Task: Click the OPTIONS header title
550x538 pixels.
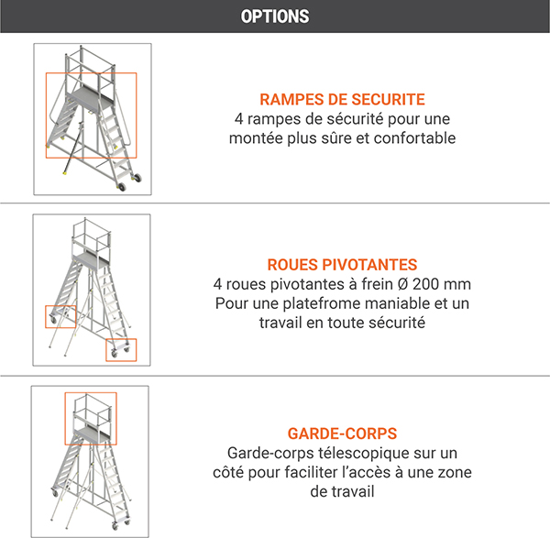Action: pyautogui.click(x=274, y=16)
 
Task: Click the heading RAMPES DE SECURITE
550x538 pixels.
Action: pyautogui.click(x=342, y=100)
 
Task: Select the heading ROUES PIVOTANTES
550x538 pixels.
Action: pyautogui.click(x=342, y=264)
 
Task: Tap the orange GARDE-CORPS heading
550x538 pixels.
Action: pyautogui.click(x=342, y=434)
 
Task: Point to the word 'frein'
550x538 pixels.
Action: pyautogui.click(x=383, y=283)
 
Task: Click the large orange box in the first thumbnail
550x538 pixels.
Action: pyautogui.click(x=91, y=115)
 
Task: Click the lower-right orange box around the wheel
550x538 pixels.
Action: pyautogui.click(x=121, y=349)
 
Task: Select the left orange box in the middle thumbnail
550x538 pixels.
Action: pyautogui.click(x=60, y=315)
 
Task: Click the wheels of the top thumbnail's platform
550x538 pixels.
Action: pyautogui.click(x=136, y=178)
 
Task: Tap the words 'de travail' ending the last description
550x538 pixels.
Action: pyautogui.click(x=342, y=492)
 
